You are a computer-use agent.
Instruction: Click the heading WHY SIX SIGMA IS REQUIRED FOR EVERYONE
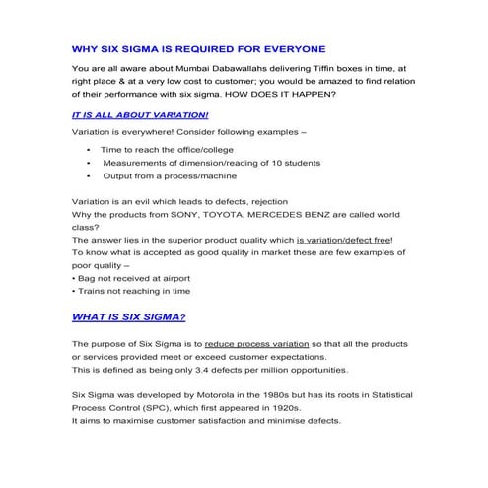coord(198,47)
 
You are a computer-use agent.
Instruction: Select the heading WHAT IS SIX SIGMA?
coord(128,317)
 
